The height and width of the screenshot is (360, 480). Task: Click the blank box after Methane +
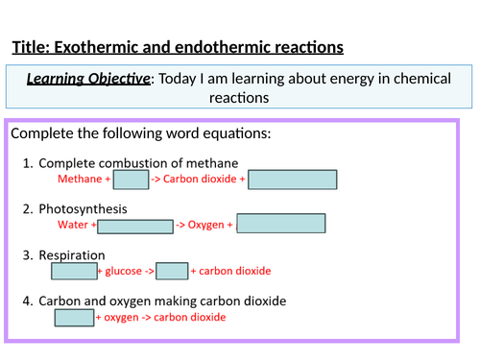point(131,180)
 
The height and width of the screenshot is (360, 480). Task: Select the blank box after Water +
point(134,226)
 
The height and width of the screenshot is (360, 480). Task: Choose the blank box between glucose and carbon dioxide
point(172,272)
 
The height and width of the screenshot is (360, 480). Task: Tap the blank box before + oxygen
point(73,318)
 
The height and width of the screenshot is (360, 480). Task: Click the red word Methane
point(80,180)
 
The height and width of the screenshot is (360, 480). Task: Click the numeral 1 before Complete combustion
point(27,162)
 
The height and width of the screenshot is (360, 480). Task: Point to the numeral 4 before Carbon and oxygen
point(27,300)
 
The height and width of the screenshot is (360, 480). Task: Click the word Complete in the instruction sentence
point(41,134)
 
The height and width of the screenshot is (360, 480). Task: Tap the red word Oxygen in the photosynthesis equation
point(205,226)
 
